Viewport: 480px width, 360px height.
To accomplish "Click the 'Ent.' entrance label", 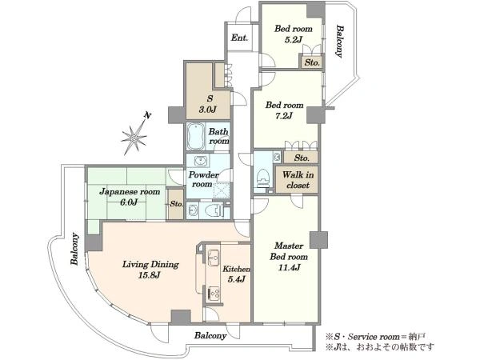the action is pos(239,38).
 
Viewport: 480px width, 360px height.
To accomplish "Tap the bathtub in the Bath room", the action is pos(196,137).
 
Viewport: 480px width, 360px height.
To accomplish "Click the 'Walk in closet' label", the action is pos(298,180).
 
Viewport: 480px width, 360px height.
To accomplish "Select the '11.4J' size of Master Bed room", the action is pos(289,267).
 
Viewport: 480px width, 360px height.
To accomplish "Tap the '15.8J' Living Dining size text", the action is pos(150,275).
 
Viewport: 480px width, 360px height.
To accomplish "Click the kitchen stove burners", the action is pos(214,294).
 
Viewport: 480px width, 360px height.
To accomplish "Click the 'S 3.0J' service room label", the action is pos(208,104).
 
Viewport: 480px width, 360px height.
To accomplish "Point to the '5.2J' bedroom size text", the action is pos(294,40).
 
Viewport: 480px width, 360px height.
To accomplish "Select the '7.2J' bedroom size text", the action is pos(284,116).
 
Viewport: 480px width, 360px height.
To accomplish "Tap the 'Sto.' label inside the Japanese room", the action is pos(176,204).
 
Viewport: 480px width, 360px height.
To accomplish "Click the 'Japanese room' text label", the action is pos(130,192).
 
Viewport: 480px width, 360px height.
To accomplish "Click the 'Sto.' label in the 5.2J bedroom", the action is pos(312,62).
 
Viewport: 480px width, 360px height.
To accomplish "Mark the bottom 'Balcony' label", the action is pos(210,335).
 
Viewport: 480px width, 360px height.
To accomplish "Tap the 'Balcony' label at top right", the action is pos(339,42).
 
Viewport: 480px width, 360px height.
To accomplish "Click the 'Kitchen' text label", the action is pos(236,269).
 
